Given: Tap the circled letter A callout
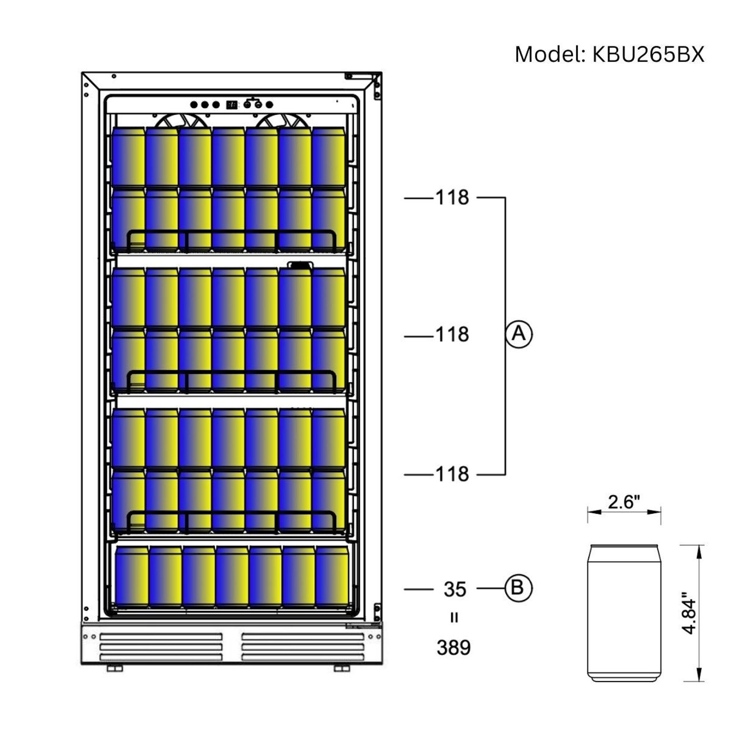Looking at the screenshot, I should pyautogui.click(x=518, y=334).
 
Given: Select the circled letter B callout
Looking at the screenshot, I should pyautogui.click(x=518, y=588).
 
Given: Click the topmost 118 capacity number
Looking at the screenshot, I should pyautogui.click(x=452, y=197).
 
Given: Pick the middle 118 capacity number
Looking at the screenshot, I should pyautogui.click(x=452, y=335).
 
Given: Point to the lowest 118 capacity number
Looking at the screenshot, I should pyautogui.click(x=452, y=474).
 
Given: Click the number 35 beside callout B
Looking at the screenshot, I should pyautogui.click(x=455, y=589).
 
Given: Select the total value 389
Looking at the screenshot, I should pyautogui.click(x=453, y=647).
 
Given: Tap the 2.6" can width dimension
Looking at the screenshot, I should pyautogui.click(x=624, y=502).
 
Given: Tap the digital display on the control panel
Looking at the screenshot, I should pyautogui.click(x=231, y=105).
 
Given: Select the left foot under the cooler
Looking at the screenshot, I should pyautogui.click(x=114, y=668).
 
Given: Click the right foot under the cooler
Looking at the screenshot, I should pyautogui.click(x=342, y=668).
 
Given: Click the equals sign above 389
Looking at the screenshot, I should pyautogui.click(x=454, y=618).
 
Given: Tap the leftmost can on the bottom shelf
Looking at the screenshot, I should pyautogui.click(x=132, y=577).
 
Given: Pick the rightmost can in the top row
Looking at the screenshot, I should pyautogui.click(x=328, y=157).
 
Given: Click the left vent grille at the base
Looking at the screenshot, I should pyautogui.click(x=161, y=647).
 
